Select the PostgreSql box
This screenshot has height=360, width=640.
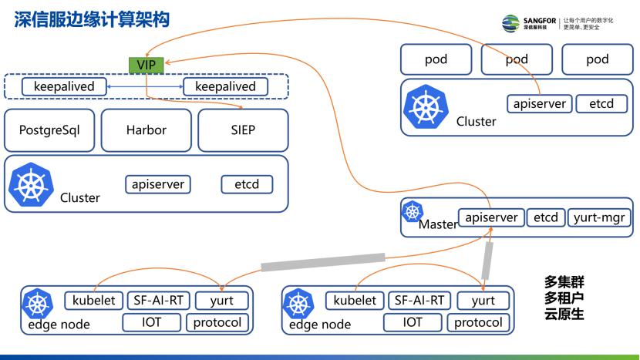[x=49, y=130]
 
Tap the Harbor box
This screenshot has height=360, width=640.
[x=146, y=130]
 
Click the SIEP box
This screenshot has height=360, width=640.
[x=243, y=130]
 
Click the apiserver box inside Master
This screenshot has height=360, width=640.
[x=492, y=217]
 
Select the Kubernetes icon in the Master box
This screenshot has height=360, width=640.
[x=413, y=210]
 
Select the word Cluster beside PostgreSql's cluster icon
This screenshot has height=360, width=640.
[x=80, y=198]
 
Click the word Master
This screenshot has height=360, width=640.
[x=437, y=225]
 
